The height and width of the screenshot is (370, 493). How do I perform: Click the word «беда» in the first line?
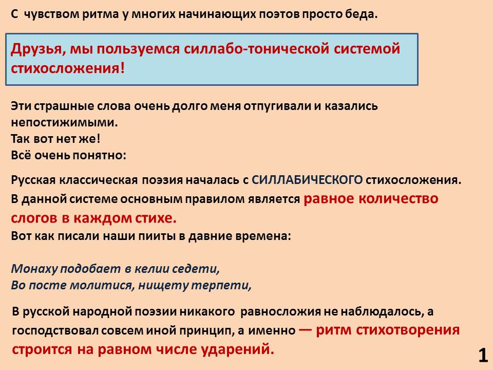[361, 14]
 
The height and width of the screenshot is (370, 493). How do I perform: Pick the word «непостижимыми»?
[64, 122]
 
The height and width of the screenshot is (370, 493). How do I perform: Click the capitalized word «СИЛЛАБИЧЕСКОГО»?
[307, 180]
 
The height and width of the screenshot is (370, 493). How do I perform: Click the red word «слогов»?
[34, 218]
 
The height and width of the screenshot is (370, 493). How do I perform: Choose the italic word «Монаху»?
[34, 269]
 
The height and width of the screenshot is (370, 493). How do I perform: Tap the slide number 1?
[483, 356]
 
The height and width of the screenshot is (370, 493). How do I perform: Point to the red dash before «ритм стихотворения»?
[305, 330]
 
